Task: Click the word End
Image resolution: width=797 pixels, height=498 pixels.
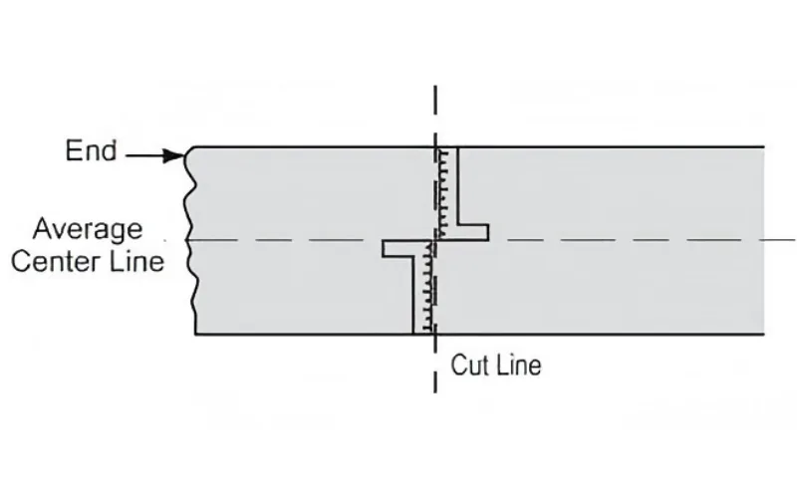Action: point(91,151)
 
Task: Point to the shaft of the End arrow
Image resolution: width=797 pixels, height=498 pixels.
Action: point(146,155)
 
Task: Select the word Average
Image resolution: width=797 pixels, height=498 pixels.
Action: point(88,229)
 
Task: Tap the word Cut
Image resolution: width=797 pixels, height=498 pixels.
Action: point(469,365)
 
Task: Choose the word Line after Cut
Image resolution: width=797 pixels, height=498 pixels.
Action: point(518,365)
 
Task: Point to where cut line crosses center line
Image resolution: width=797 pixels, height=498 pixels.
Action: point(434,240)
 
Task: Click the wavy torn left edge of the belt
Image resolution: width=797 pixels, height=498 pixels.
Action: point(190,239)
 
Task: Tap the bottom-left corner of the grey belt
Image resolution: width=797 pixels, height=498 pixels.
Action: point(195,334)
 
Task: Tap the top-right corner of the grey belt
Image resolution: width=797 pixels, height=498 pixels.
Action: point(764,147)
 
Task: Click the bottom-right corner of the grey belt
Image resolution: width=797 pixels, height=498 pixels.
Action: point(764,334)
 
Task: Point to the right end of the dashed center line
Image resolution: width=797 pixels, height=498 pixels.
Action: point(793,240)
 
